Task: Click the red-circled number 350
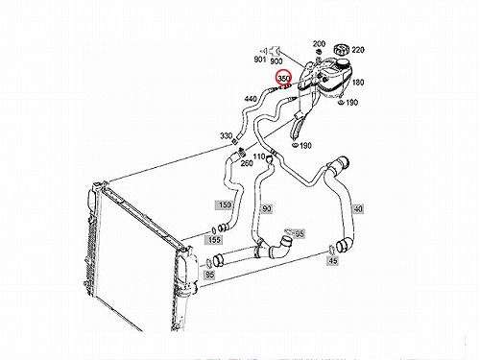(x=283, y=79)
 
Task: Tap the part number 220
(x=358, y=50)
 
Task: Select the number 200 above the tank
(x=319, y=43)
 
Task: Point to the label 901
(x=260, y=60)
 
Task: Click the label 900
(x=276, y=60)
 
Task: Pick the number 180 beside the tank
(x=358, y=83)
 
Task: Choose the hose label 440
(x=251, y=99)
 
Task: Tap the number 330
(x=226, y=135)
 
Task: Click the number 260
(x=247, y=163)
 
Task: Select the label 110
(x=259, y=156)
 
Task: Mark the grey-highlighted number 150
(x=225, y=204)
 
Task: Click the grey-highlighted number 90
(x=266, y=209)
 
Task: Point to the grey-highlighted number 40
(x=358, y=209)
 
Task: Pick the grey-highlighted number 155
(x=214, y=240)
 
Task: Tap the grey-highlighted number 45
(x=333, y=261)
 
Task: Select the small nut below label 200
(x=319, y=52)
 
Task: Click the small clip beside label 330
(x=235, y=141)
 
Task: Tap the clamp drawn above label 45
(x=332, y=249)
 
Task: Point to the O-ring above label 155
(x=214, y=230)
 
